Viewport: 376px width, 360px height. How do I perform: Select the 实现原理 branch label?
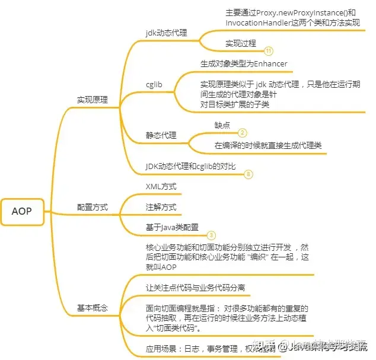[x=93, y=100]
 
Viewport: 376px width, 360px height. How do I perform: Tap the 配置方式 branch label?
[x=93, y=208]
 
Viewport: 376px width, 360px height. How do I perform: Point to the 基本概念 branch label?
[x=93, y=308]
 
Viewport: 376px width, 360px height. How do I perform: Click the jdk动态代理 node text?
[x=167, y=33]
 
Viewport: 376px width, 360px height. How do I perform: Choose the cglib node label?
[x=154, y=84]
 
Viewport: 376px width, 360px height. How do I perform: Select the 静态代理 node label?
[x=161, y=135]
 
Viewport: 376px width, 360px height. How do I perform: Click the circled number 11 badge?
[x=269, y=51]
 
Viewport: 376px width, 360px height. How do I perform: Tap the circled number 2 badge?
[x=243, y=133]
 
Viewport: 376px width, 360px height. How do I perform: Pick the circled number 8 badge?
[x=248, y=174]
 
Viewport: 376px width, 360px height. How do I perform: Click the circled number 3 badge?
[x=211, y=235]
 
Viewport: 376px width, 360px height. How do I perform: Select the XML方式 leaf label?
[x=161, y=187]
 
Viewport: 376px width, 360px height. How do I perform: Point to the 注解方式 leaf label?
[x=161, y=208]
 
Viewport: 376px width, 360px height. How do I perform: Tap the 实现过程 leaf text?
[x=241, y=43]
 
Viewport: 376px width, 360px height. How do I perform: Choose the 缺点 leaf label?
[x=222, y=125]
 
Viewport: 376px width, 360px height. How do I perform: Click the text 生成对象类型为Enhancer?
[x=244, y=64]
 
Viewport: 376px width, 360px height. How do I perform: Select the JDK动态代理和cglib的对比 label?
[x=191, y=167]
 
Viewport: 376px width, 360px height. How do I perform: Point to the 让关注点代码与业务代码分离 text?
[x=196, y=288]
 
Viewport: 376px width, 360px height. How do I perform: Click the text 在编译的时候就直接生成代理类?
[x=268, y=145]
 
